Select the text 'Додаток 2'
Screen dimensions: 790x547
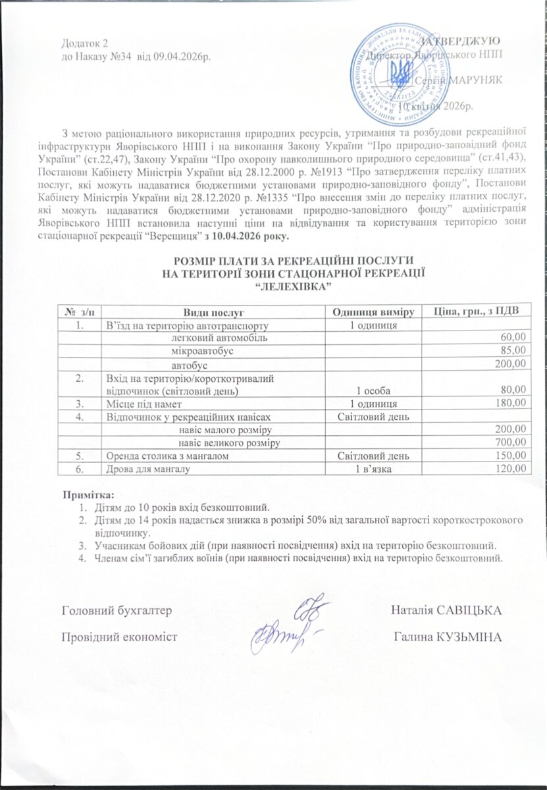(84, 43)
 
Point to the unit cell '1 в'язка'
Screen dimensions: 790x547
(373, 469)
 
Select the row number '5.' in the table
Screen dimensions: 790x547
(80, 455)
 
